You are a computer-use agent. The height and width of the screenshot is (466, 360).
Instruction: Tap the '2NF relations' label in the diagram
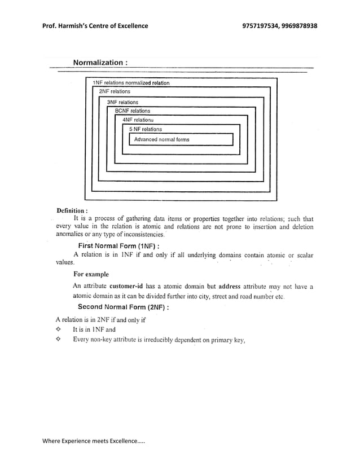115,91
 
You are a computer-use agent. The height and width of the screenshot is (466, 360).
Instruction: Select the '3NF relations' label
122,103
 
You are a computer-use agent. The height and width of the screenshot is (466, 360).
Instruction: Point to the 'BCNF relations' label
133,111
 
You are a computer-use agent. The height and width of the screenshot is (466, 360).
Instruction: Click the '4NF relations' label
138,120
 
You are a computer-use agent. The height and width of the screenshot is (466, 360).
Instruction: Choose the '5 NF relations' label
145,129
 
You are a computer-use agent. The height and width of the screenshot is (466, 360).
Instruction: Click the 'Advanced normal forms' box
181,139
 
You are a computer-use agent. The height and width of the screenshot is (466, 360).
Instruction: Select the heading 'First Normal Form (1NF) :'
121,245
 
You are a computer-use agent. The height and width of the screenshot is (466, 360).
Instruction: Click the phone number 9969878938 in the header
298,26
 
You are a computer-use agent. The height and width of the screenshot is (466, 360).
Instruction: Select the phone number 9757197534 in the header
261,26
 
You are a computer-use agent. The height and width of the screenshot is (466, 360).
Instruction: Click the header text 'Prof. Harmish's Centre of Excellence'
95,26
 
